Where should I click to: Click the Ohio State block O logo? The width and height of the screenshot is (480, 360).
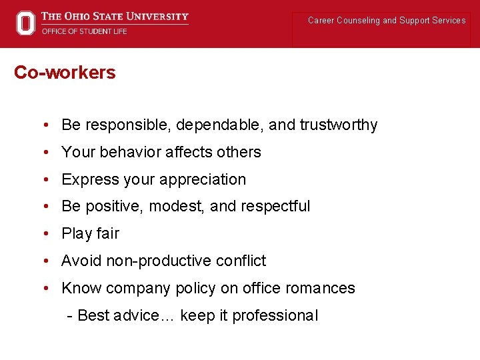pyautogui.click(x=25, y=23)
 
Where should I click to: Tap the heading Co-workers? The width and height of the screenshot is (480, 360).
pyautogui.click(x=65, y=73)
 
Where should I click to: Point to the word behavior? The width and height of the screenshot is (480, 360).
pyautogui.click(x=130, y=152)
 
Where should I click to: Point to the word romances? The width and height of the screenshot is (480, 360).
pyautogui.click(x=320, y=288)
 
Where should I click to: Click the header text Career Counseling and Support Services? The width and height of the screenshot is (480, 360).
pyautogui.click(x=387, y=21)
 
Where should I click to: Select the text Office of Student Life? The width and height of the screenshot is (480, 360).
pyautogui.click(x=84, y=31)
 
